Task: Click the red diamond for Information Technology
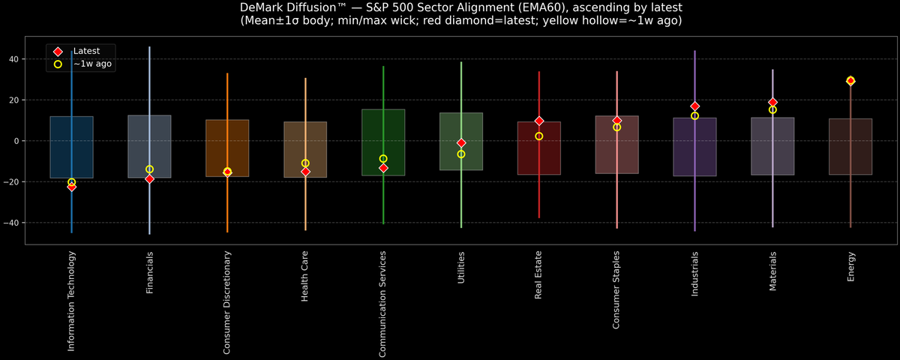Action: pyautogui.click(x=71, y=187)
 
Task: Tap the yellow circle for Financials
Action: pyautogui.click(x=149, y=169)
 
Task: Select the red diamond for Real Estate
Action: pyautogui.click(x=539, y=121)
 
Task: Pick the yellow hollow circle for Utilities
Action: pyautogui.click(x=461, y=154)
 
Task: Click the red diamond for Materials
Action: pyautogui.click(x=772, y=102)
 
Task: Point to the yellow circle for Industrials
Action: pyautogui.click(x=694, y=115)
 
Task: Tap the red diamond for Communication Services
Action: pyautogui.click(x=383, y=168)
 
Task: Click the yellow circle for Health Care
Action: pyautogui.click(x=305, y=163)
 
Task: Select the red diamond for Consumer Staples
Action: pyautogui.click(x=616, y=120)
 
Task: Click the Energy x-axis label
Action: pyautogui.click(x=850, y=267)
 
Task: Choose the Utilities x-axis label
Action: pyautogui.click(x=461, y=268)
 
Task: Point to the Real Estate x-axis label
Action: pyautogui.click(x=539, y=275)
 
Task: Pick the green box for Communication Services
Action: pyautogui.click(x=383, y=142)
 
